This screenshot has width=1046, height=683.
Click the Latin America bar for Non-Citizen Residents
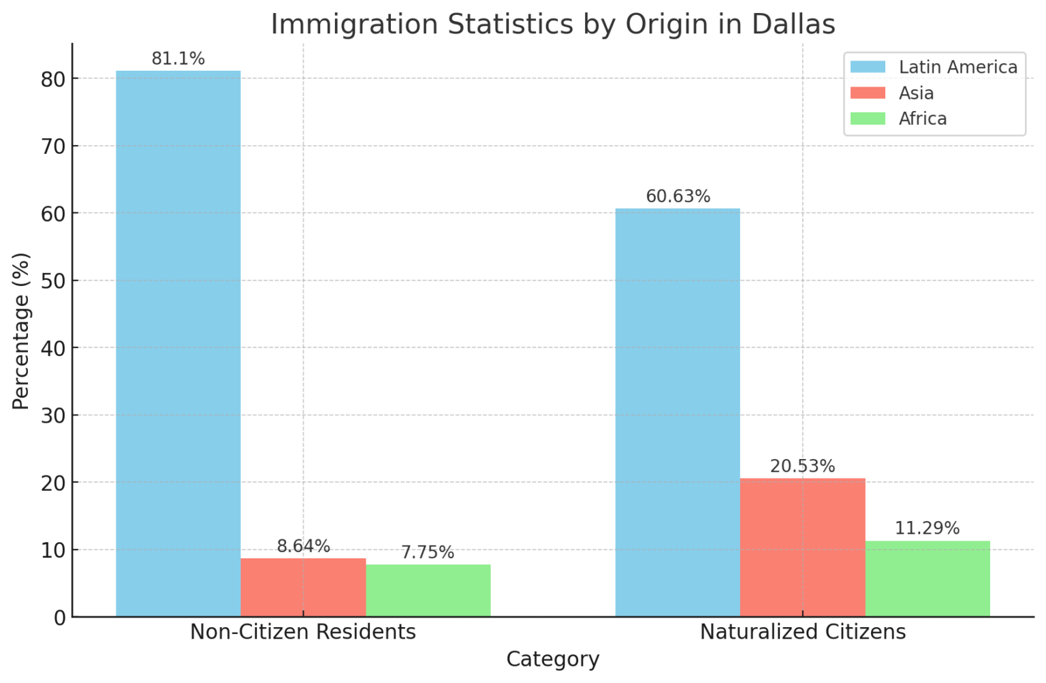178,343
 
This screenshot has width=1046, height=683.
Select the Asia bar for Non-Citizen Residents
303,587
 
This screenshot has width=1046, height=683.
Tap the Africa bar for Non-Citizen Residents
428,590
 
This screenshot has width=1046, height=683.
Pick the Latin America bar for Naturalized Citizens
678,412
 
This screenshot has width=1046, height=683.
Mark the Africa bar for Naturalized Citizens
927,578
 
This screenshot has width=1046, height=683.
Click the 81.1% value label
178,59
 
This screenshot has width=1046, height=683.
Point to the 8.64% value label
303,546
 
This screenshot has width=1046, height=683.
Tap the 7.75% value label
428,552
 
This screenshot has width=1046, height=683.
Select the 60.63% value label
678,197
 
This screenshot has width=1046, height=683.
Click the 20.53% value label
802,466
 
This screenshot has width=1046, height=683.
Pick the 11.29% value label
927,528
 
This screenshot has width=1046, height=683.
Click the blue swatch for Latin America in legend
868,67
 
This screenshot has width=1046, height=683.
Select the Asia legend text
916,93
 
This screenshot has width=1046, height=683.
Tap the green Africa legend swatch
868,118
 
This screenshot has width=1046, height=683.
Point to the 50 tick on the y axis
53,281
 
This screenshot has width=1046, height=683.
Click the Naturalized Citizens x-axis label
802,632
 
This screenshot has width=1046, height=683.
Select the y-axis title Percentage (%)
21,331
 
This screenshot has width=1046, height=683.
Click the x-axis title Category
552,659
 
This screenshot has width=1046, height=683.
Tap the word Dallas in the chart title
793,25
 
